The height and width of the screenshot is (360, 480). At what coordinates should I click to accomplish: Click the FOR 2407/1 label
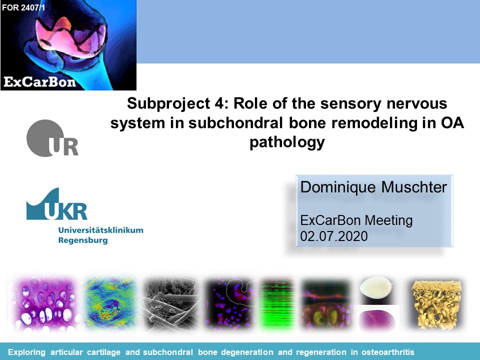click(x=23, y=7)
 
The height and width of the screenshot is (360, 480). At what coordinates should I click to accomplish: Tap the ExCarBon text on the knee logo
click(x=40, y=82)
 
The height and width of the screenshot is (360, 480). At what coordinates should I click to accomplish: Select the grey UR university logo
click(x=52, y=138)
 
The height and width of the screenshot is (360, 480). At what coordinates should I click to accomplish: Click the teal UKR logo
click(x=56, y=204)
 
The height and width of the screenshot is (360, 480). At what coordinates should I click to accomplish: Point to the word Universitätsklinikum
click(x=100, y=230)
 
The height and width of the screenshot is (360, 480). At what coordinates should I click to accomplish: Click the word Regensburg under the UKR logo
click(x=83, y=240)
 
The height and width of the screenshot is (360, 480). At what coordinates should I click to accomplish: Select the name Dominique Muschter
click(x=373, y=187)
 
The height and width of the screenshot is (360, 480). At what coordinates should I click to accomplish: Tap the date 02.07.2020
click(x=334, y=236)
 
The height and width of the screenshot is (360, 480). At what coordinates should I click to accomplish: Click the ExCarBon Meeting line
click(x=356, y=220)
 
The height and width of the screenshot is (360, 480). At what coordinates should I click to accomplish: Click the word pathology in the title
click(x=287, y=142)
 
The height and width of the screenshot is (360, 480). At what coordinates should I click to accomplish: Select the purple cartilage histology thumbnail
click(x=44, y=303)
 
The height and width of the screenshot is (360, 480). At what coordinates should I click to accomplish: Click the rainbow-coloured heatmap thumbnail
click(x=110, y=303)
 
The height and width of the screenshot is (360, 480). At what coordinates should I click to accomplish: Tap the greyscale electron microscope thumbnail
click(x=170, y=303)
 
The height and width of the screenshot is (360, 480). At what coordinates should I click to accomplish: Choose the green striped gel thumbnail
click(x=277, y=303)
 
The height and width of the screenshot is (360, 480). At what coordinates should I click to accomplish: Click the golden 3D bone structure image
click(x=436, y=304)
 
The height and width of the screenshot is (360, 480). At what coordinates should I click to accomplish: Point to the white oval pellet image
click(x=376, y=286)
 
